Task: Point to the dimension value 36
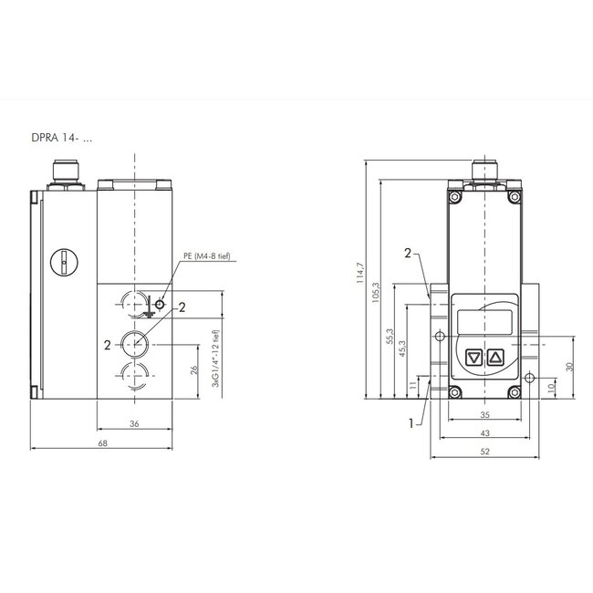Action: [135, 422]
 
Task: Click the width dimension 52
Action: [485, 452]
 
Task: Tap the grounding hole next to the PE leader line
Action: [160, 304]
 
